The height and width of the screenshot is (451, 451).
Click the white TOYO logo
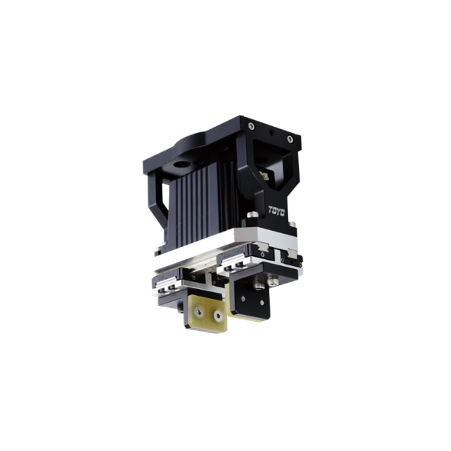277,211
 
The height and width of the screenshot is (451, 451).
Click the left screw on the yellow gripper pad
200,312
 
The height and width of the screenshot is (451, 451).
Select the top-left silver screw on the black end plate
251,126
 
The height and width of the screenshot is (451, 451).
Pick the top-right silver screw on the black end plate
290,139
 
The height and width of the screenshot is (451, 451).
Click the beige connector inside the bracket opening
264,175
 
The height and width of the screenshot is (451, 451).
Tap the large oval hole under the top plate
183,164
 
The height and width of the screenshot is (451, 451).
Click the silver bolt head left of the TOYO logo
253,214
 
